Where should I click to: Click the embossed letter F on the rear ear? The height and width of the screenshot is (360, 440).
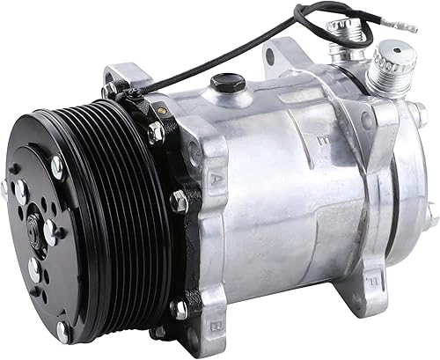click(421, 261)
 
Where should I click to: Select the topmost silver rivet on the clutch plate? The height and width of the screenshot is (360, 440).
click(57, 162)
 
